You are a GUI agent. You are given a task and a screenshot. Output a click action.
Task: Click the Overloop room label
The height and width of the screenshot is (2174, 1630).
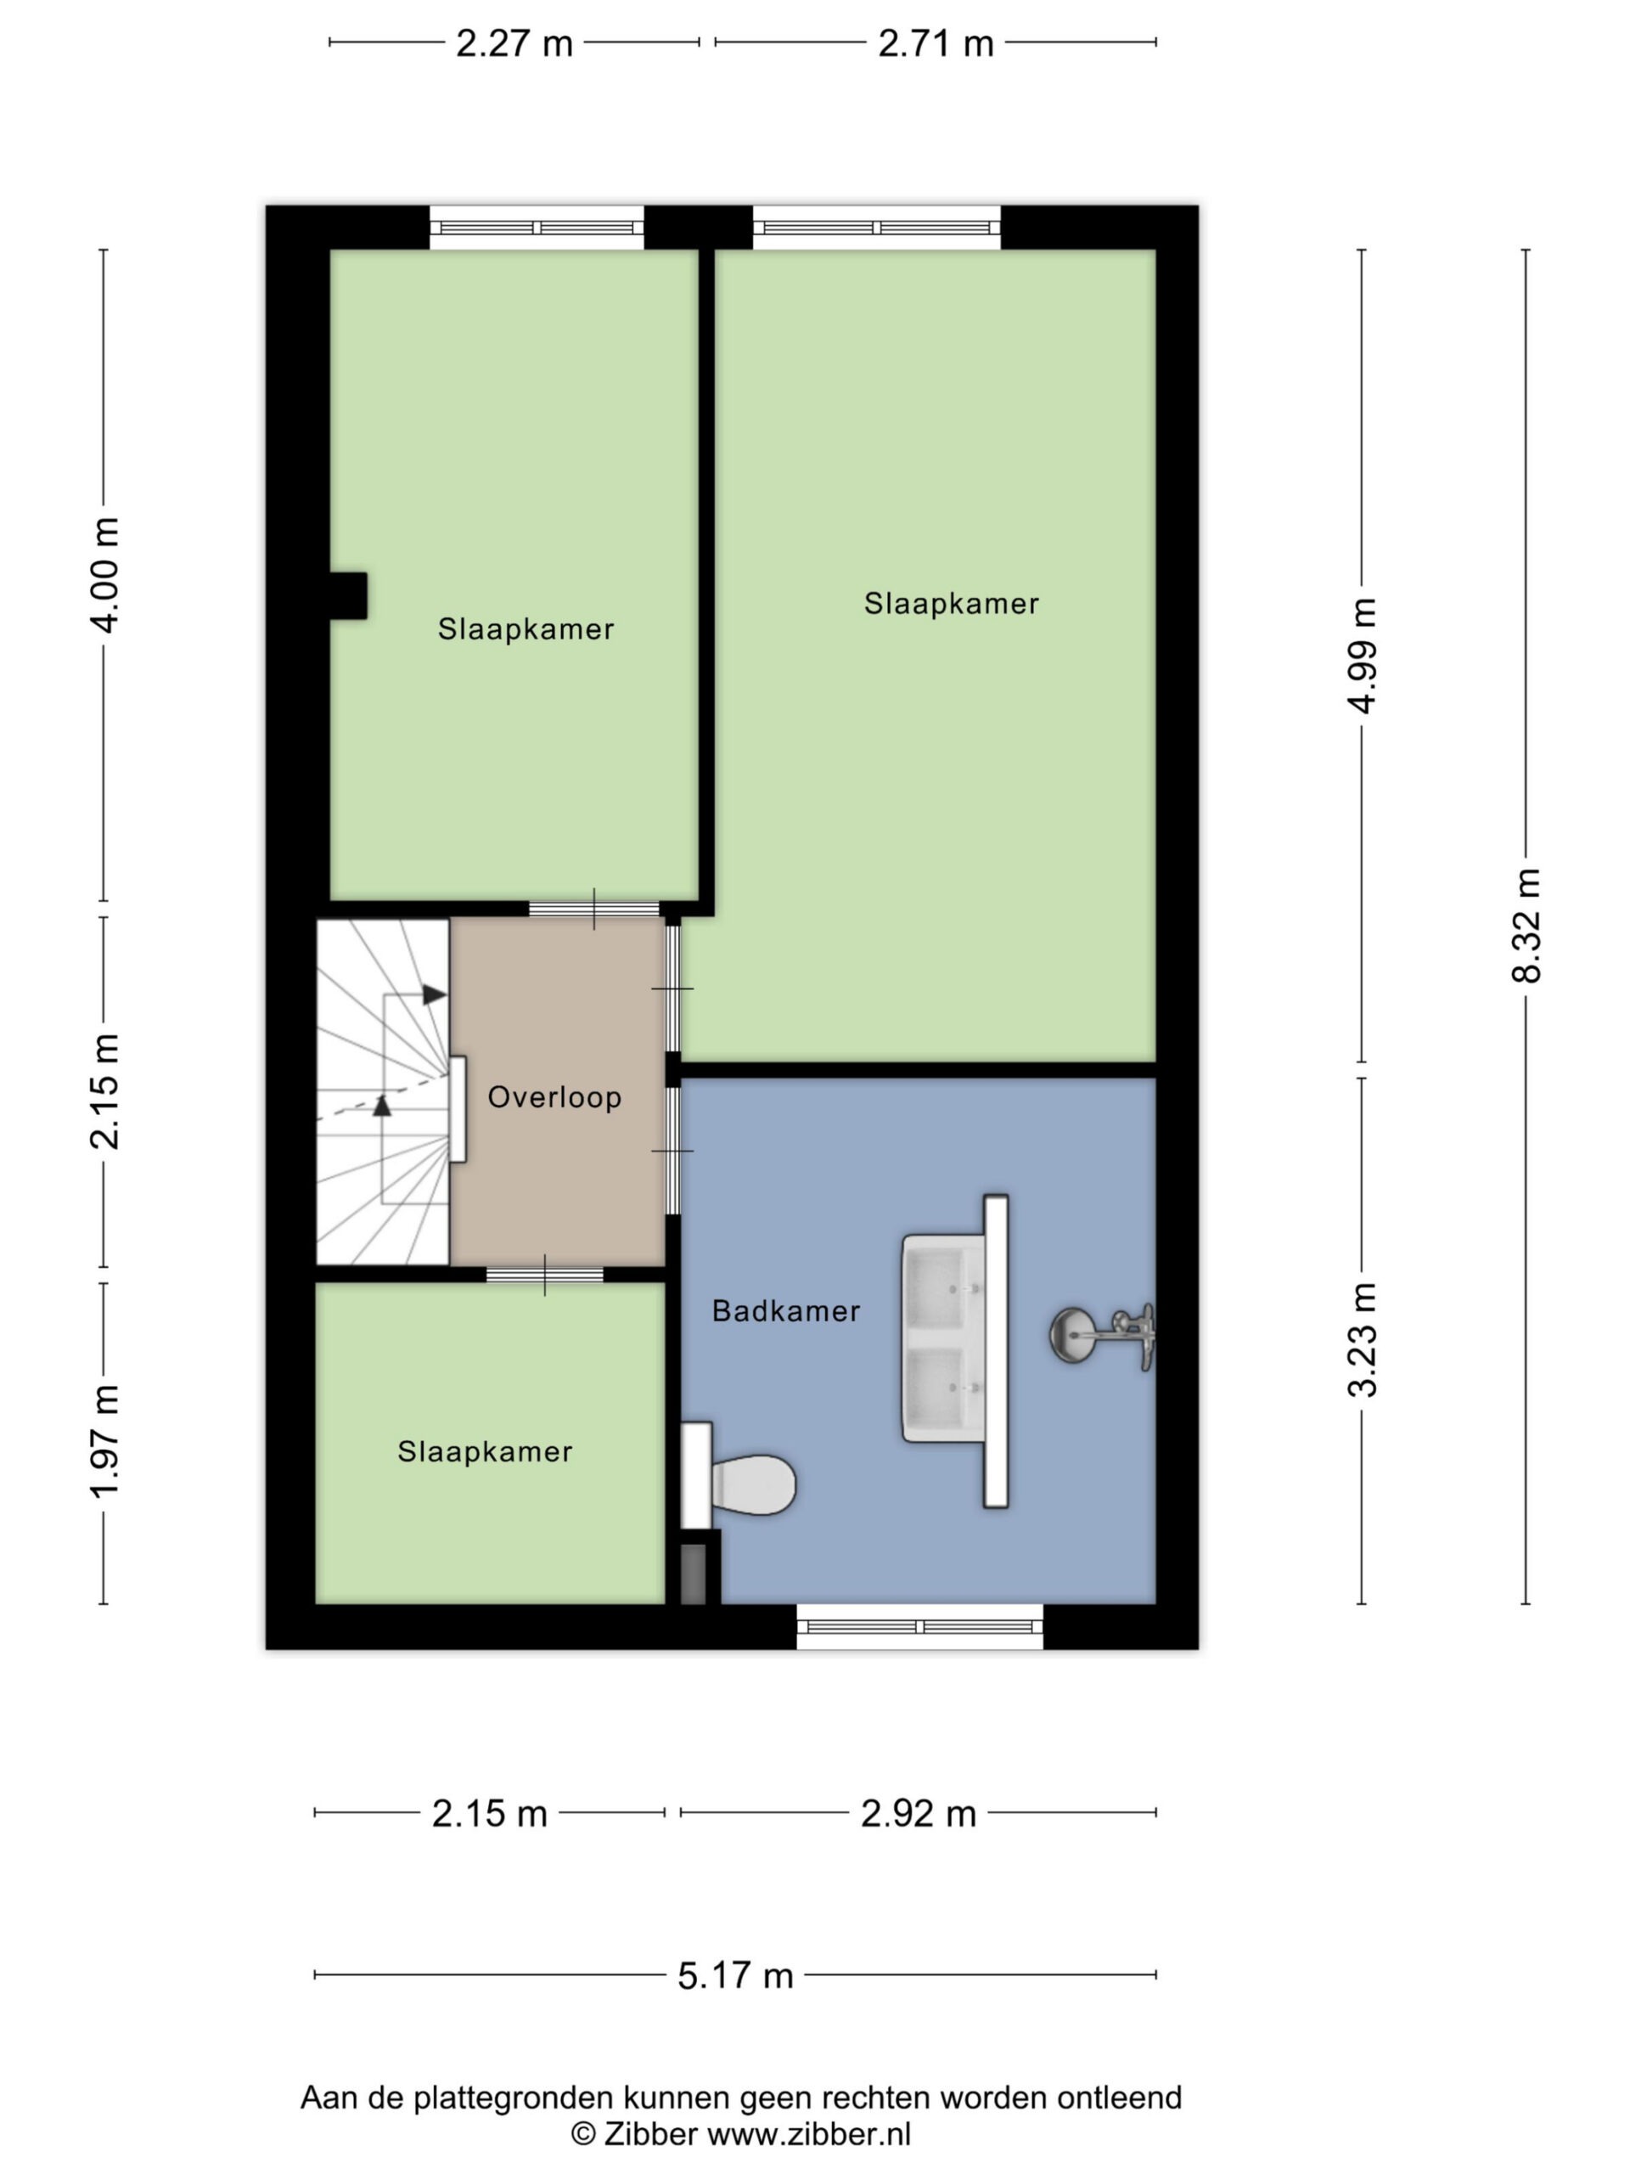pos(554,1097)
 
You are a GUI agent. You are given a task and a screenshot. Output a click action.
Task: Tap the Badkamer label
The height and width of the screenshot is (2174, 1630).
pos(786,1310)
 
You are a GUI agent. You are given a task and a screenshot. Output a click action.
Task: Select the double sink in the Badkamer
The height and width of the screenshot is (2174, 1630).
pos(955,1350)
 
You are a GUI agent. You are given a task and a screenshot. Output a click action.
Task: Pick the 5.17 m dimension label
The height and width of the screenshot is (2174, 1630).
pos(735,1974)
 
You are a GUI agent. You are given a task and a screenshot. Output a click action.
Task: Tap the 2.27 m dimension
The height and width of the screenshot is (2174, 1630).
pos(514,43)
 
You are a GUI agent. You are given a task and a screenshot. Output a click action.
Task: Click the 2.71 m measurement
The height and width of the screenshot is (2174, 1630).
pos(936,43)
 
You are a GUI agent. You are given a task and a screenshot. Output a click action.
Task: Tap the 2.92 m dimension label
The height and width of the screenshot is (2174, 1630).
pos(919,1813)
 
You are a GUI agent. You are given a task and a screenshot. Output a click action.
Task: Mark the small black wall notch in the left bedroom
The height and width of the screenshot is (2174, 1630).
pos(348,595)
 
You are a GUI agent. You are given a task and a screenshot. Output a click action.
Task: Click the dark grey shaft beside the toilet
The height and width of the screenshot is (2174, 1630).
pos(693,1574)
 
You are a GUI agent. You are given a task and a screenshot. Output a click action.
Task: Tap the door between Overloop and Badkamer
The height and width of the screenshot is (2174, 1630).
pos(673,1151)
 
